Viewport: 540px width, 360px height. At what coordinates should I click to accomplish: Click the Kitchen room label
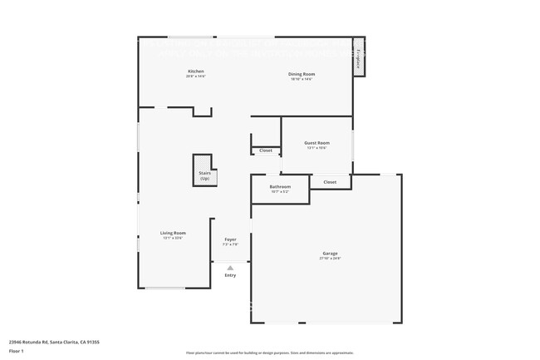(x=196, y=72)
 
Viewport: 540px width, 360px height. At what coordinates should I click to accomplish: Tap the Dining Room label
(x=302, y=74)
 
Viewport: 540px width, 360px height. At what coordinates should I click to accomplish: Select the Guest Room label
(x=317, y=143)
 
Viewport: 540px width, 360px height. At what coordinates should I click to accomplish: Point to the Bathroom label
(x=280, y=186)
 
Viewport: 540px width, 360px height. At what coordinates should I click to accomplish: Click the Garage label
(x=330, y=254)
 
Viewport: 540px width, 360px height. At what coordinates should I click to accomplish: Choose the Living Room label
(x=173, y=233)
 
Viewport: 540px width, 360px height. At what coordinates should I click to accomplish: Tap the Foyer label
(x=230, y=239)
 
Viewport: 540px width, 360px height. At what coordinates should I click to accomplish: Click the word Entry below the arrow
(x=230, y=275)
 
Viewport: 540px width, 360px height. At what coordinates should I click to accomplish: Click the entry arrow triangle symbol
(x=230, y=267)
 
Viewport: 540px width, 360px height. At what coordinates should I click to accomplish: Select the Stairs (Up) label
(x=204, y=175)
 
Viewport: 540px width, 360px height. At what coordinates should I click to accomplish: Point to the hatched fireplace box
(x=359, y=58)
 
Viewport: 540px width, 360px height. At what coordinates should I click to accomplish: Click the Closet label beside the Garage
(x=330, y=181)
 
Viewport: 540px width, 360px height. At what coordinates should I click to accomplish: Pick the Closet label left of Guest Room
(x=266, y=150)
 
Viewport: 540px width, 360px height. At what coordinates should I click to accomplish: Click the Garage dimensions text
(x=330, y=259)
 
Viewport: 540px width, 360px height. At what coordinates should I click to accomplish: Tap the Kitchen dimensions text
(x=196, y=76)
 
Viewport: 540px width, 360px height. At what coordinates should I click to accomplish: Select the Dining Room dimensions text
(x=302, y=79)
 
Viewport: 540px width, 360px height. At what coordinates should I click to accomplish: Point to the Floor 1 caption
(x=16, y=351)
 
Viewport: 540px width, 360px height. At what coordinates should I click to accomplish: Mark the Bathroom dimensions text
(x=280, y=191)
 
